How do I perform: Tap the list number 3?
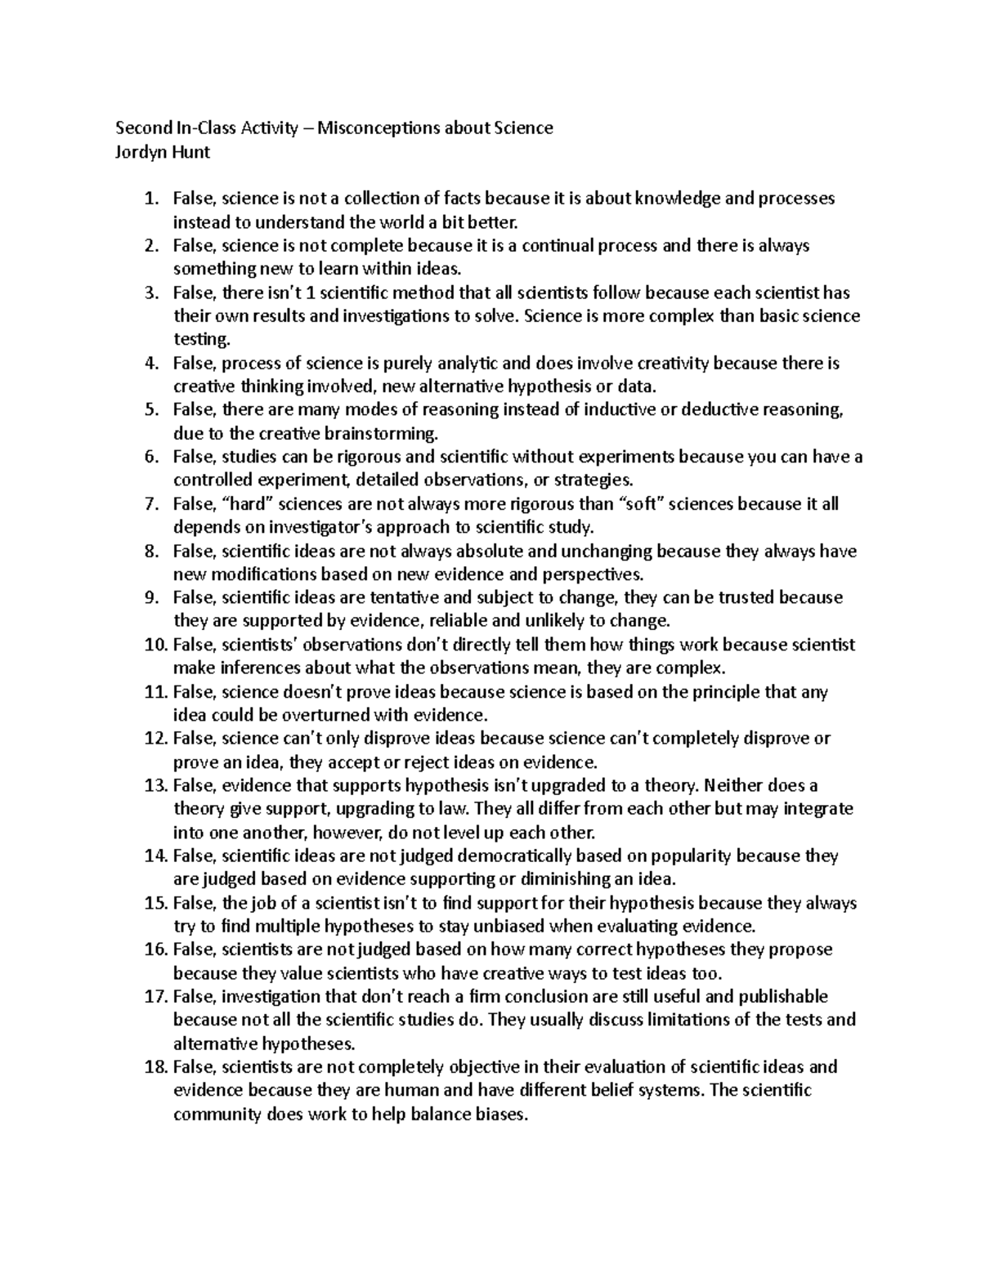(150, 293)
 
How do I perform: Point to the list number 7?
(150, 503)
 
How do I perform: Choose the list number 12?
(154, 739)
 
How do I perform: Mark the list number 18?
(154, 1067)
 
